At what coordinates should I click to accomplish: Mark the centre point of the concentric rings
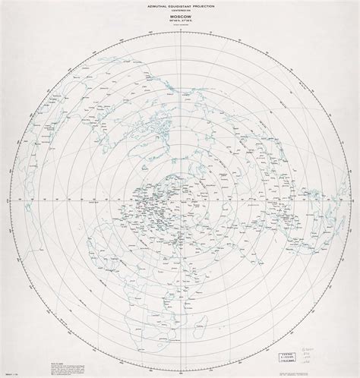click(x=179, y=203)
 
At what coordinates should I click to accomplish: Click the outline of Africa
click(x=163, y=269)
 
